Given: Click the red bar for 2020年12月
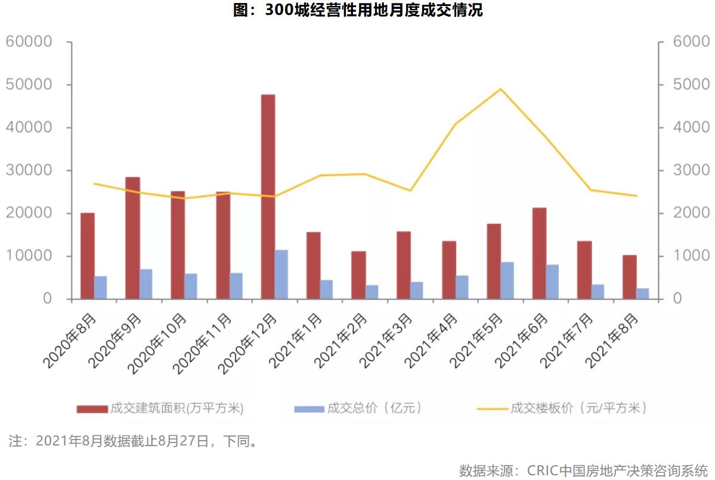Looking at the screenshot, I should click(268, 197).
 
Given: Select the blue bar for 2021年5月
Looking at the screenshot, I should click(507, 280).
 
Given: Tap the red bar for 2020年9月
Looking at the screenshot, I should click(132, 238).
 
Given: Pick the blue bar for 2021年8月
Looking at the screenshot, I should click(642, 294).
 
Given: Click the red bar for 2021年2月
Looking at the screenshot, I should click(358, 275).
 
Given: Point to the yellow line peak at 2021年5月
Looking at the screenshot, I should click(501, 89).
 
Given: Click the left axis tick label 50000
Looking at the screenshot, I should click(37, 85).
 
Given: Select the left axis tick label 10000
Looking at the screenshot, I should click(37, 256).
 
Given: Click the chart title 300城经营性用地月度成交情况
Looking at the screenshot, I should click(357, 11).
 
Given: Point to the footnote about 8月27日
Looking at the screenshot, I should click(134, 441).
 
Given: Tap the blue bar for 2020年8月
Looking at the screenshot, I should click(100, 288).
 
